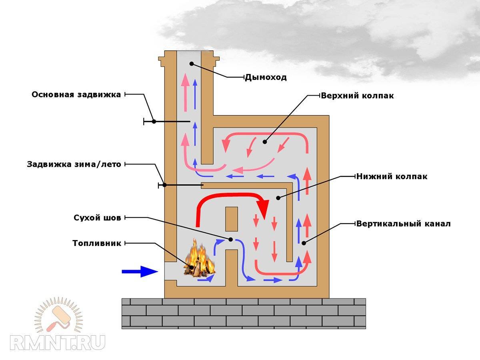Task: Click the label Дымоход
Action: tap(266, 77)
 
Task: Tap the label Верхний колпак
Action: tap(357, 96)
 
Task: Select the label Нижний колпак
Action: tap(392, 176)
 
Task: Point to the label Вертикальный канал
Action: tap(404, 224)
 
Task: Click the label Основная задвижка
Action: tap(76, 95)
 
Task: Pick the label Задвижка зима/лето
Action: tap(74, 164)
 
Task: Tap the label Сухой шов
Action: tap(97, 218)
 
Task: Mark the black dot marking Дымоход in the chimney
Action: tap(192, 64)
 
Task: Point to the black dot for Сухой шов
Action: tap(231, 239)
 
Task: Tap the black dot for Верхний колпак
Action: tap(264, 142)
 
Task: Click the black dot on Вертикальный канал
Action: tap(304, 243)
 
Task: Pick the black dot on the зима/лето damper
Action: tap(164, 185)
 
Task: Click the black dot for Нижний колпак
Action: tap(278, 198)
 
